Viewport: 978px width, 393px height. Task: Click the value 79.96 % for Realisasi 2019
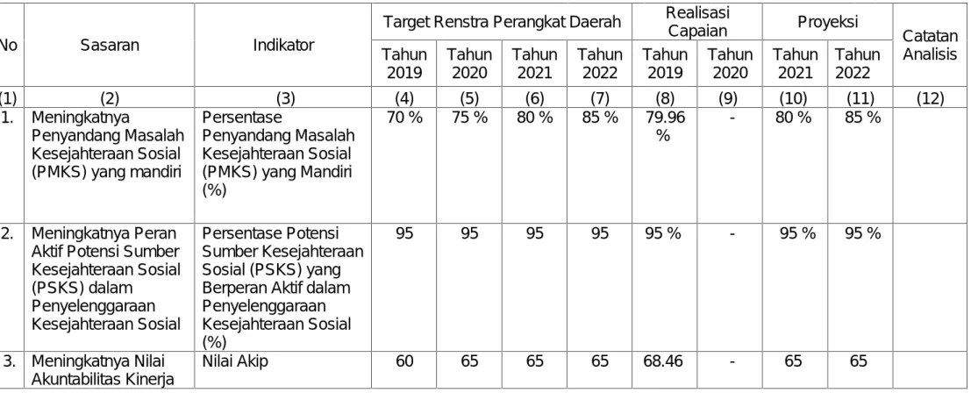pos(664,125)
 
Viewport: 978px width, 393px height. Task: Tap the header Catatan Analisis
pos(930,46)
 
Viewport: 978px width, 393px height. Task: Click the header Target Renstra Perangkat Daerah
pos(502,22)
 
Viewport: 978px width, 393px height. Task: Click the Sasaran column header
pos(110,45)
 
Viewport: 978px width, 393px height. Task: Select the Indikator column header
pos(284,45)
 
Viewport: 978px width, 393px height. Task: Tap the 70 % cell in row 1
pos(405,117)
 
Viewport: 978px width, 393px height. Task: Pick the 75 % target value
pos(469,117)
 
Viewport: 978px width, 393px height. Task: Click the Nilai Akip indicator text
pos(234,361)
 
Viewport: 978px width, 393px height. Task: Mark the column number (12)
pos(930,98)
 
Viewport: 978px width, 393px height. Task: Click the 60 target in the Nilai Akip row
pos(405,361)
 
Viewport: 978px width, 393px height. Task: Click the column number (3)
pos(284,98)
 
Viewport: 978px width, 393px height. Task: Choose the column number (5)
pos(469,98)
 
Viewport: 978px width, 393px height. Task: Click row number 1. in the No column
pos(7,117)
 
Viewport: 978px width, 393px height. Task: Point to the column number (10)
pos(796,98)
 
